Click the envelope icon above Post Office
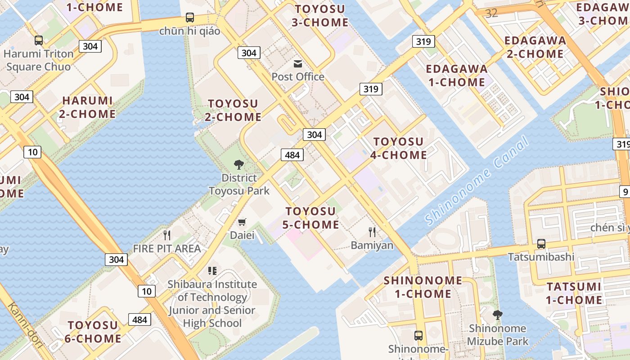coord(298,64)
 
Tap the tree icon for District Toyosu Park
coord(239,165)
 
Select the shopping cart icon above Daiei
coord(242,222)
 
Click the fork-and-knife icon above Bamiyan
coord(372,232)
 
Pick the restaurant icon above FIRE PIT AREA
coord(167,235)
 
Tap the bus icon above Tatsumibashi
coord(541,244)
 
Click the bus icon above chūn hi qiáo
coord(190,18)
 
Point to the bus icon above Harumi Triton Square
coord(39,40)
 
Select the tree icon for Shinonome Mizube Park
coord(497,315)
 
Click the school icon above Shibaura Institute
coord(212,271)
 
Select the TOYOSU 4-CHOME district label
coord(398,148)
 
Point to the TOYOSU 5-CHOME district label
coord(312,218)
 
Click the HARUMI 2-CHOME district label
coord(87,107)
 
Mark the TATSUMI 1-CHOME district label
coord(574,293)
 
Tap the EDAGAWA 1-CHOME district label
coord(456,76)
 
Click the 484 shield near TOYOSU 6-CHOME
coord(140,319)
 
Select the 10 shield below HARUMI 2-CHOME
coord(33,152)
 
